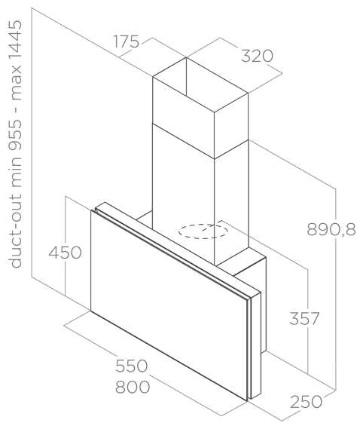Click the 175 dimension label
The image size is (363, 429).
(x=127, y=42)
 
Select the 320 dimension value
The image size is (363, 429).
(x=257, y=56)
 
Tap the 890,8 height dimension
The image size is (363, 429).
(x=331, y=229)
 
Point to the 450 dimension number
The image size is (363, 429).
(x=65, y=253)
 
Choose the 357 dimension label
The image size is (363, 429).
(x=304, y=318)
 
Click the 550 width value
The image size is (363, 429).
(x=132, y=366)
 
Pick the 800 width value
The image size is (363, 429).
(x=133, y=387)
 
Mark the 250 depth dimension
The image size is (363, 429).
(x=307, y=402)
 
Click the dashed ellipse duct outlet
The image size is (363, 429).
(x=203, y=231)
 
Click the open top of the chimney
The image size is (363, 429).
(x=200, y=84)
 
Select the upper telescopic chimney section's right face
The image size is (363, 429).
(x=231, y=126)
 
